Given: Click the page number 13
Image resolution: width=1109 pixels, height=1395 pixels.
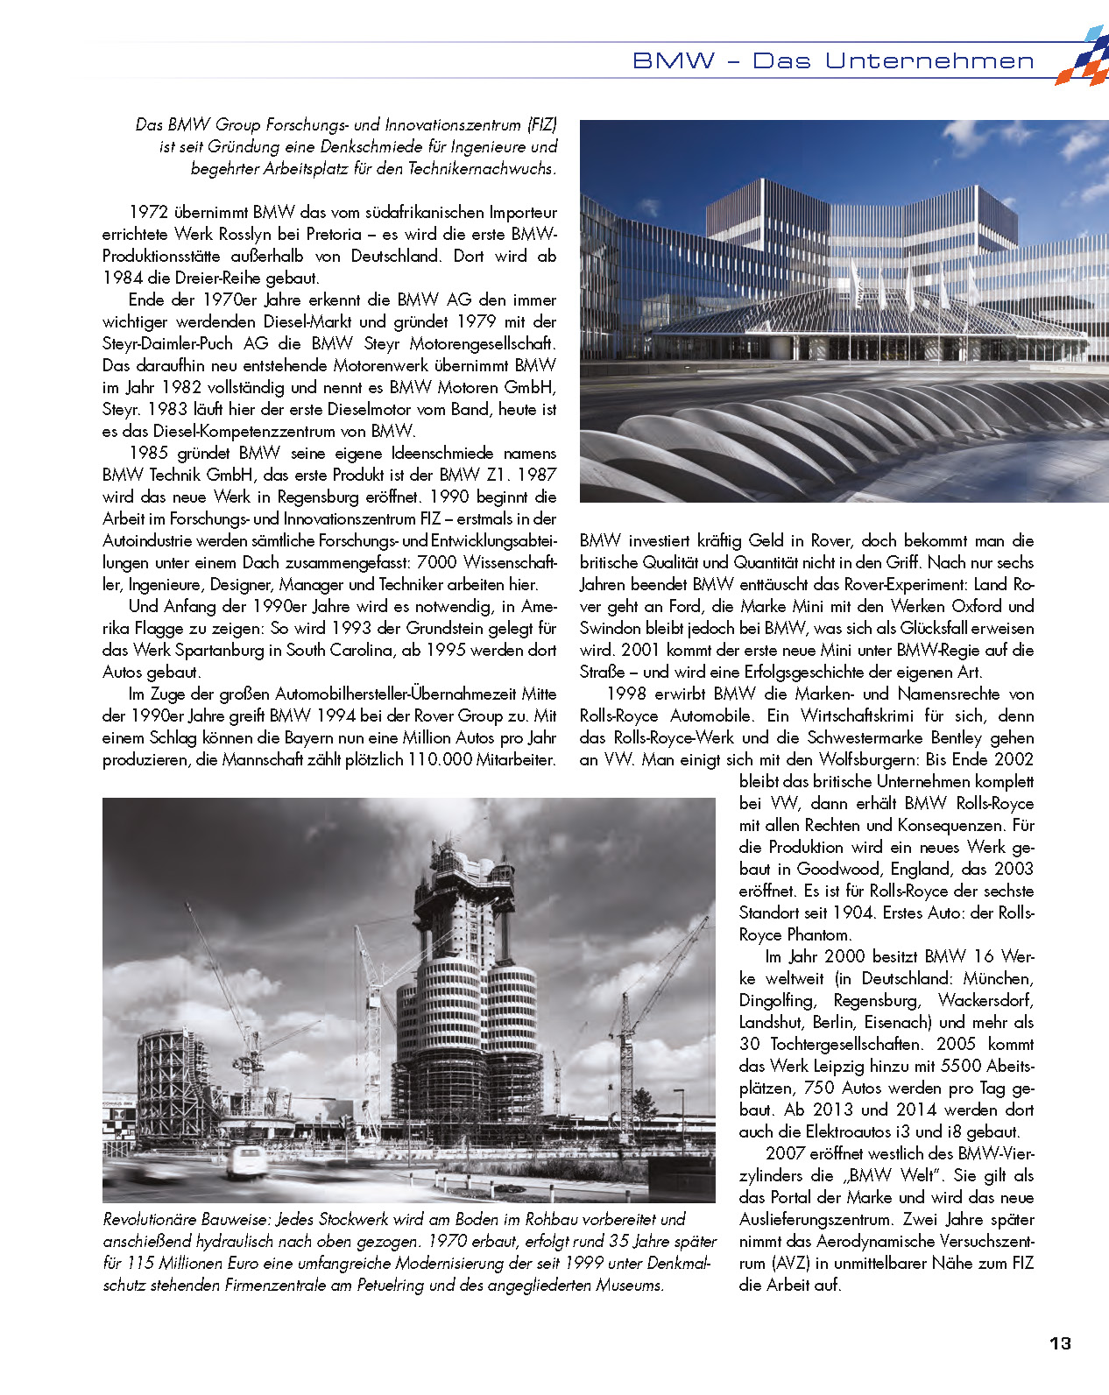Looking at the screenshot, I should tap(1060, 1343).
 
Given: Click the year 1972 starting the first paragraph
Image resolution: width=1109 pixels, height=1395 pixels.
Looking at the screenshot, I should tap(148, 212).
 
